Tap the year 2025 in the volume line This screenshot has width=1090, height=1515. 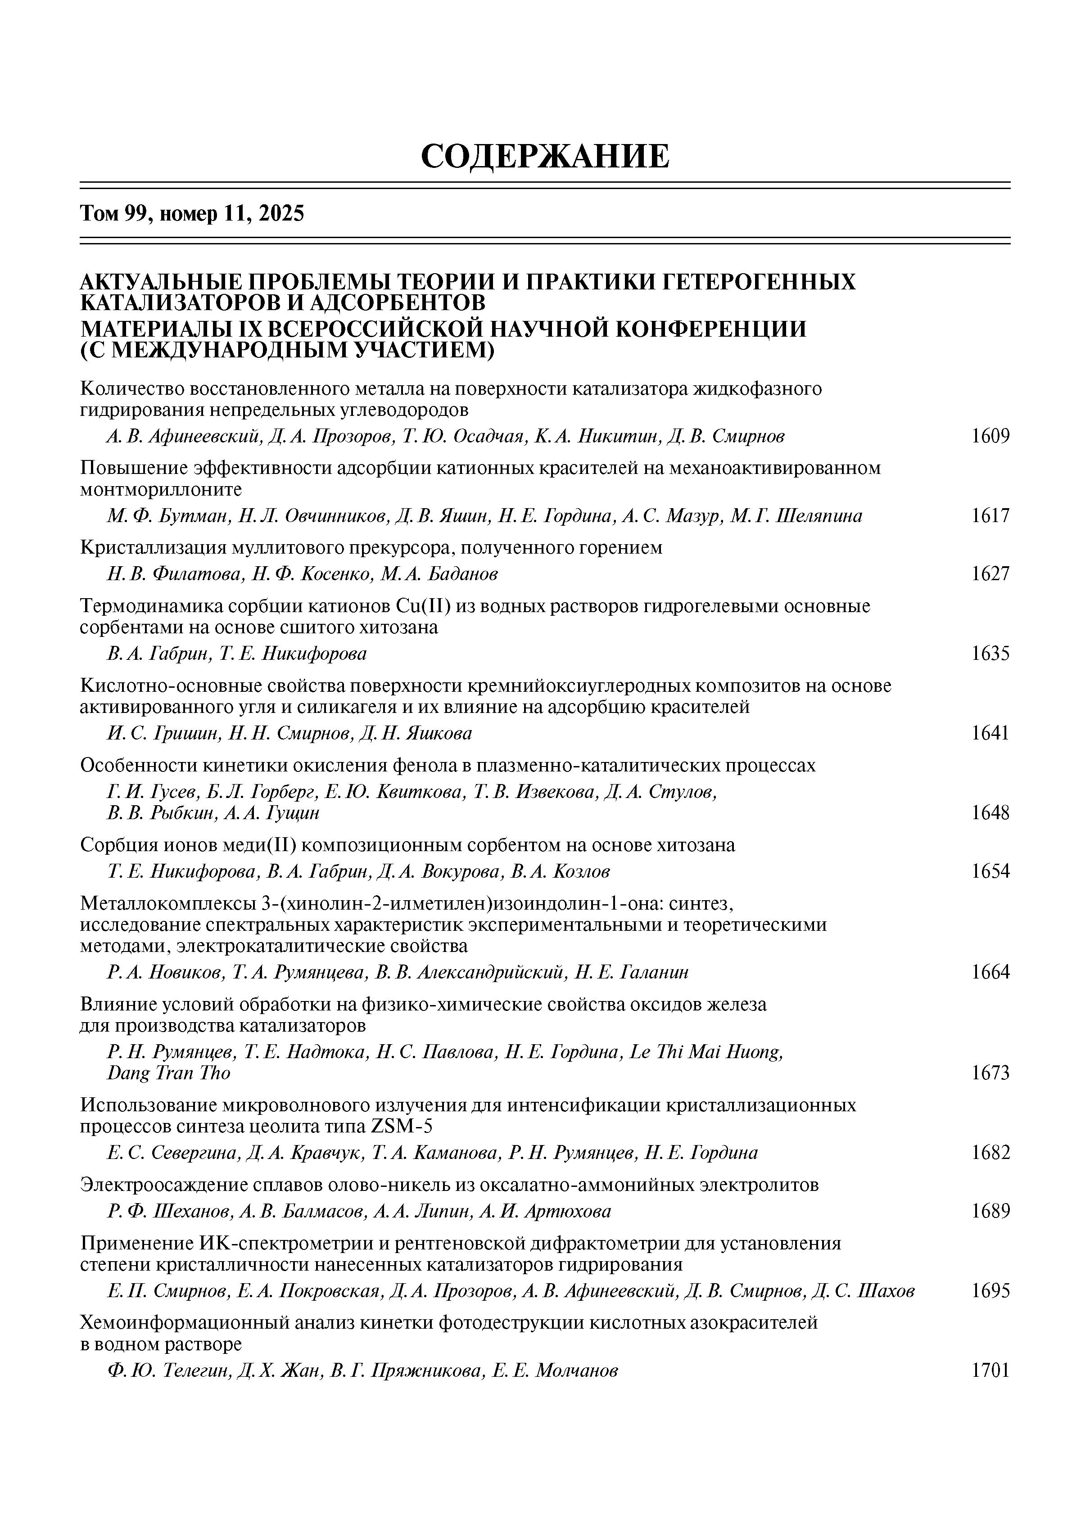[x=281, y=214]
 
